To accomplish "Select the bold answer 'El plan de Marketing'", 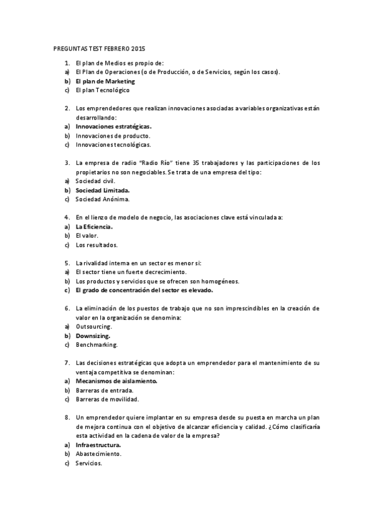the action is point(105,81).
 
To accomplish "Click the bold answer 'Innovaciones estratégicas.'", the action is point(114,126).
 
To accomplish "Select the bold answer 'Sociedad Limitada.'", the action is point(103,190).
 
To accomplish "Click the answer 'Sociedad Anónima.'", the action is point(103,199).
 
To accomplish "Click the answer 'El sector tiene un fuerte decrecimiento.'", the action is point(131,272).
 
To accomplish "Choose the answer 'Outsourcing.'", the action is point(94,326).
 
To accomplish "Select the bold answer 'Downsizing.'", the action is point(93,336).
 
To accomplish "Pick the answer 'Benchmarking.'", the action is point(97,344).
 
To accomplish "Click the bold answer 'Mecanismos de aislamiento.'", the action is point(116,380).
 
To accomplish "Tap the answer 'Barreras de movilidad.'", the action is point(107,399).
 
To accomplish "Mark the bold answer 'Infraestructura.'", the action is point(98,445).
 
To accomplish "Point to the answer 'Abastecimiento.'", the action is point(98,454).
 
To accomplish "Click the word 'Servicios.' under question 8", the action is point(88,463).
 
